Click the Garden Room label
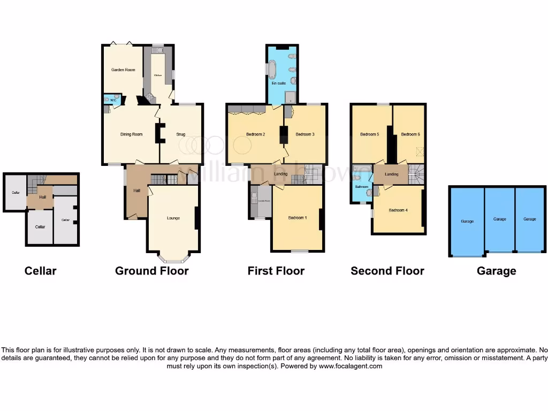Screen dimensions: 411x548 click(x=123, y=70)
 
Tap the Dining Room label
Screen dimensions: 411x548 click(x=131, y=134)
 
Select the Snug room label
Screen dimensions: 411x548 click(x=181, y=134)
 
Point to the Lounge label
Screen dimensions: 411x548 click(x=173, y=218)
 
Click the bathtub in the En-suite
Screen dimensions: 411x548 click(x=272, y=70)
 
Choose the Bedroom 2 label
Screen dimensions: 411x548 click(x=256, y=134)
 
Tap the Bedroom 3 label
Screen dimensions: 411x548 click(x=305, y=134)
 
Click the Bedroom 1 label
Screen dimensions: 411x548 click(x=298, y=218)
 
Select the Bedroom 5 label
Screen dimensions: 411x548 click(x=370, y=134)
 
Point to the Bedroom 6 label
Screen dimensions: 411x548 click(x=410, y=134)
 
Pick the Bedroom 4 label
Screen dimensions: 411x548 click(x=398, y=210)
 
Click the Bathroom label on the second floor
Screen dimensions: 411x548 click(x=361, y=187)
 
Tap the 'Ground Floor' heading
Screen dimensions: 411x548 click(x=151, y=271)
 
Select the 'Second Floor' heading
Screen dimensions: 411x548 click(x=387, y=271)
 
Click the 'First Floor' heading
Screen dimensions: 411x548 click(x=276, y=271)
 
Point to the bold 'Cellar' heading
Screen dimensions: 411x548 click(x=41, y=271)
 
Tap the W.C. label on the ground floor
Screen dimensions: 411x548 click(x=113, y=100)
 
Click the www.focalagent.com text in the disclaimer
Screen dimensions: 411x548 click(x=351, y=367)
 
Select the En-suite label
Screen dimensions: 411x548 click(x=279, y=83)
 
